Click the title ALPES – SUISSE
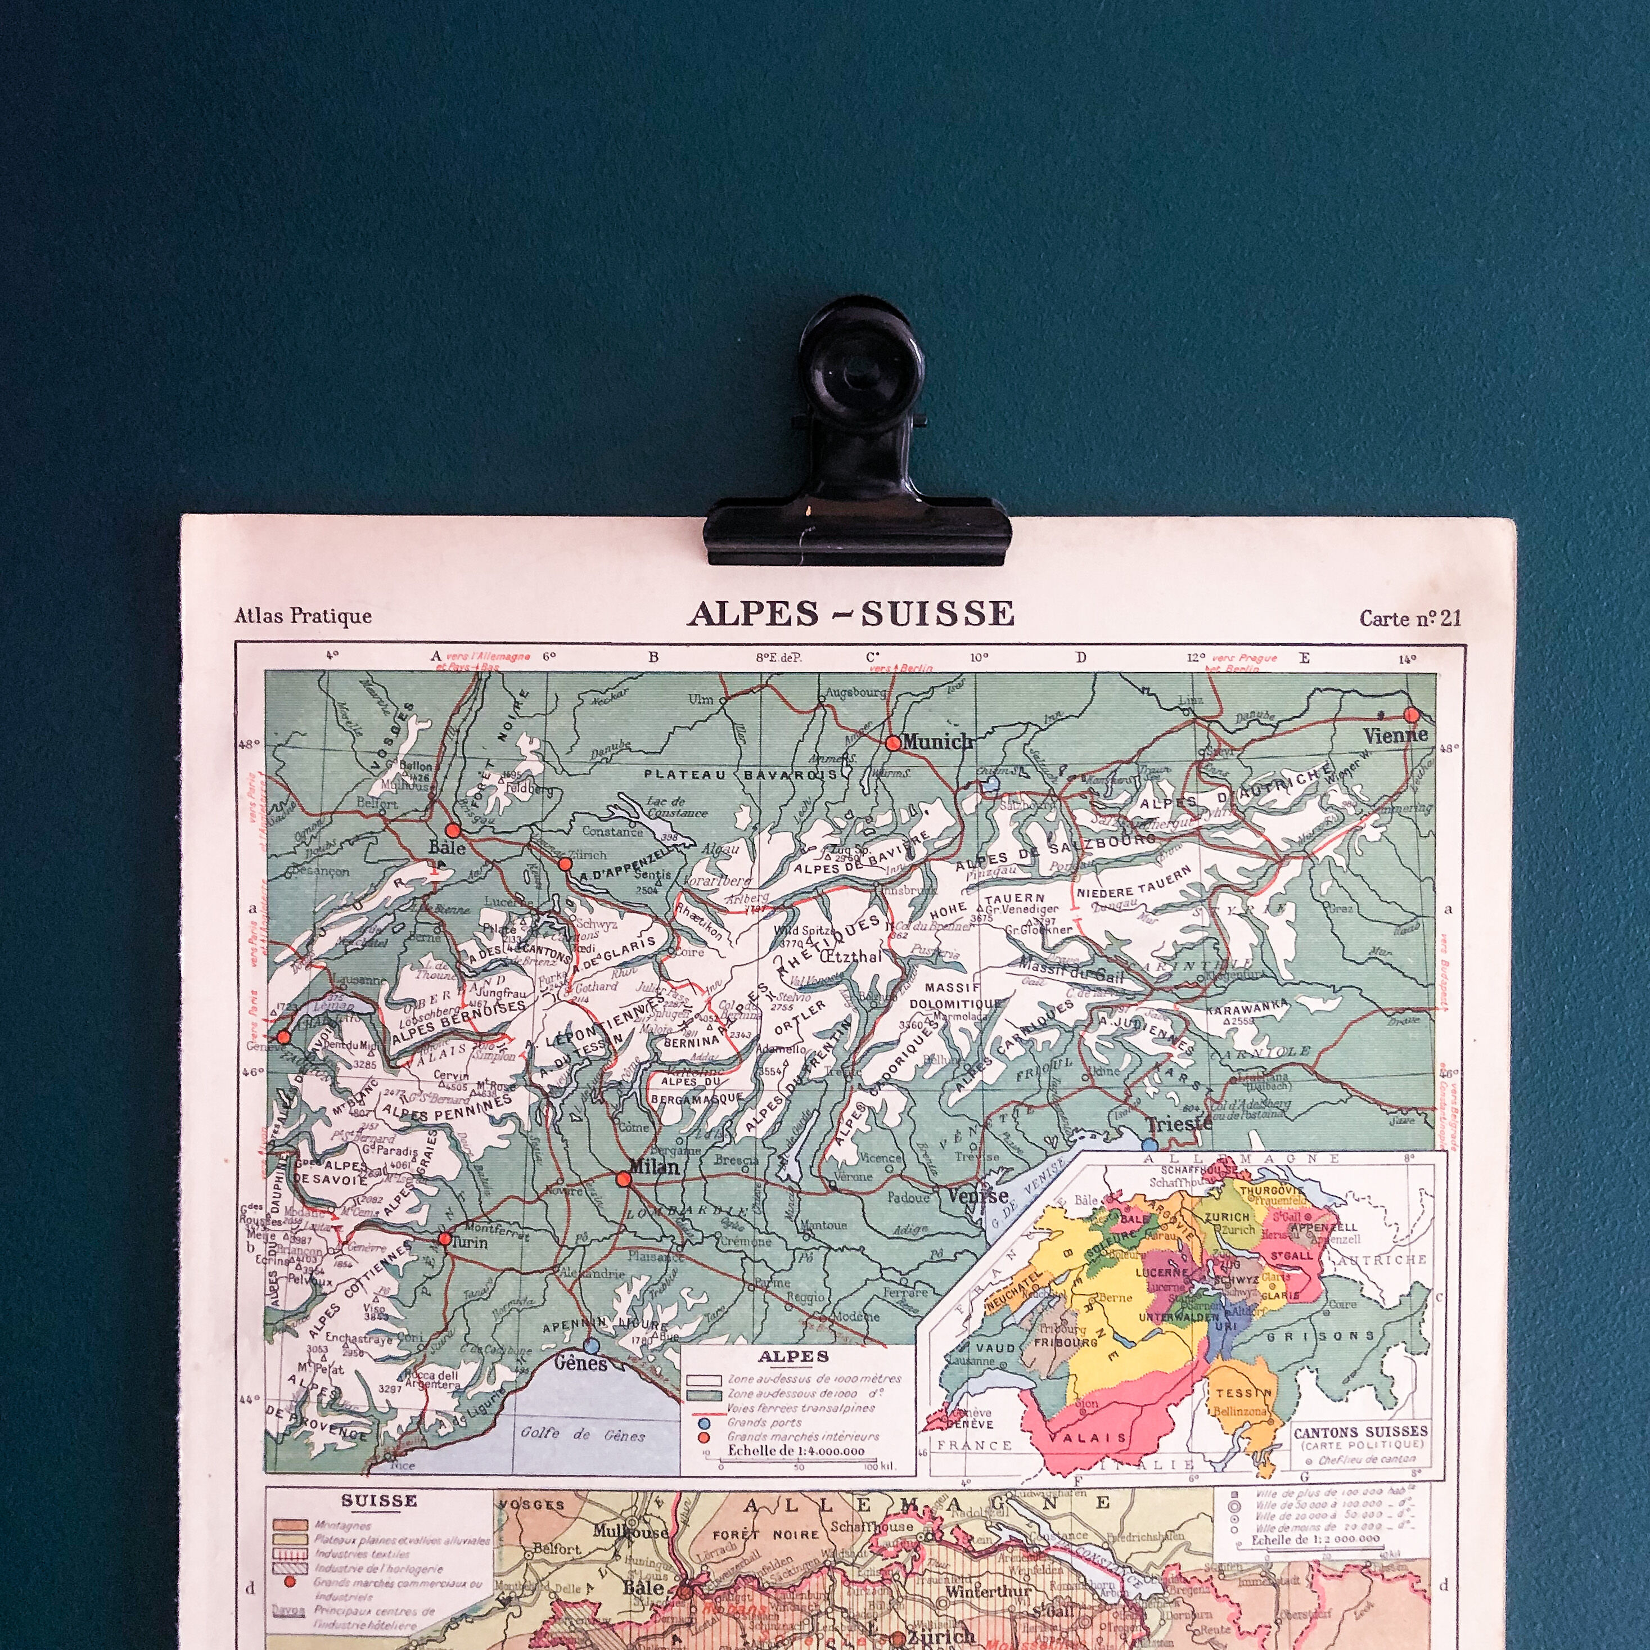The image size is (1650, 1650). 851,614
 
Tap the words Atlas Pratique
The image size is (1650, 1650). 303,616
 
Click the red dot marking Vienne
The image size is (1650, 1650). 1411,715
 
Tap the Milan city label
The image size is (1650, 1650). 654,1166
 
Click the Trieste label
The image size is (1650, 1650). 1179,1124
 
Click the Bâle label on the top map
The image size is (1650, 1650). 448,847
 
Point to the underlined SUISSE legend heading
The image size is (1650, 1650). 378,1500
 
